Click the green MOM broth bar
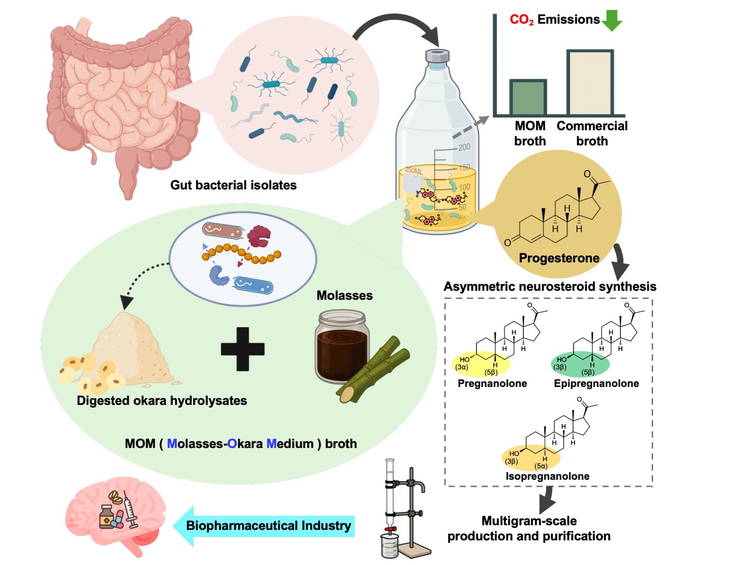(x=528, y=98)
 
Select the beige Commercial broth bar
(x=590, y=82)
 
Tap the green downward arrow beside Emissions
(x=612, y=19)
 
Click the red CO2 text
(x=522, y=20)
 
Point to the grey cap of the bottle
(x=437, y=56)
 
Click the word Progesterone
(x=559, y=258)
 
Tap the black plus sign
(x=242, y=349)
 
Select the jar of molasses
(x=341, y=346)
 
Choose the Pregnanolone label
(x=492, y=384)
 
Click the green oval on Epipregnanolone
(x=581, y=364)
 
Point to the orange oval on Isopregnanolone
(x=532, y=458)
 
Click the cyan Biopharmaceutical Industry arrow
(x=265, y=526)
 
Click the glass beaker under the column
(x=390, y=546)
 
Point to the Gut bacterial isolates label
(x=233, y=185)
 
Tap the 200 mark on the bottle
(x=464, y=147)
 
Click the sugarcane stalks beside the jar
(x=374, y=374)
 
